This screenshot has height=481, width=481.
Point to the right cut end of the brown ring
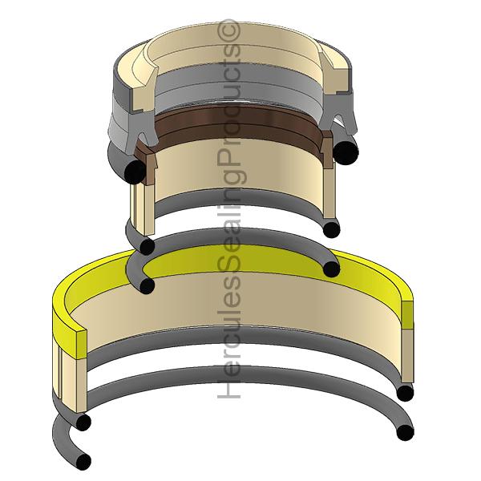pos(326,144)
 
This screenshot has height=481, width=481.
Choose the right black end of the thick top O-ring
pos(346,152)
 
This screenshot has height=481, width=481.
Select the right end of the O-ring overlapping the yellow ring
pos(329,269)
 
